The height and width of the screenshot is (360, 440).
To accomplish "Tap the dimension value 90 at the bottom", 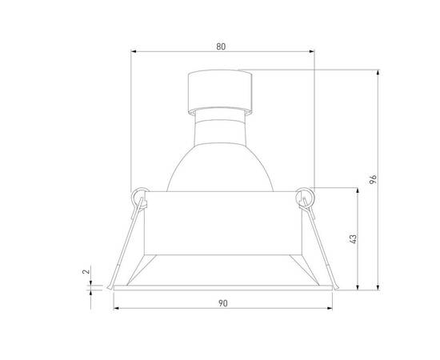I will [223, 303].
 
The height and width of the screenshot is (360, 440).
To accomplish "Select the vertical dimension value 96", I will [373, 179].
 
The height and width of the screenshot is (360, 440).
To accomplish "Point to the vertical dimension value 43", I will [351, 238].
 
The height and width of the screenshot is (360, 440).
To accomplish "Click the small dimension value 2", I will [86, 273].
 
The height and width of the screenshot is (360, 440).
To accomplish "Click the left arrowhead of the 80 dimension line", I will [134, 54].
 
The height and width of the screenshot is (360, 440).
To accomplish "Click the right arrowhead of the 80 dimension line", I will [312, 54].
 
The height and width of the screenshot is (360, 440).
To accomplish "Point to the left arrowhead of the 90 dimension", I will [116, 309].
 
